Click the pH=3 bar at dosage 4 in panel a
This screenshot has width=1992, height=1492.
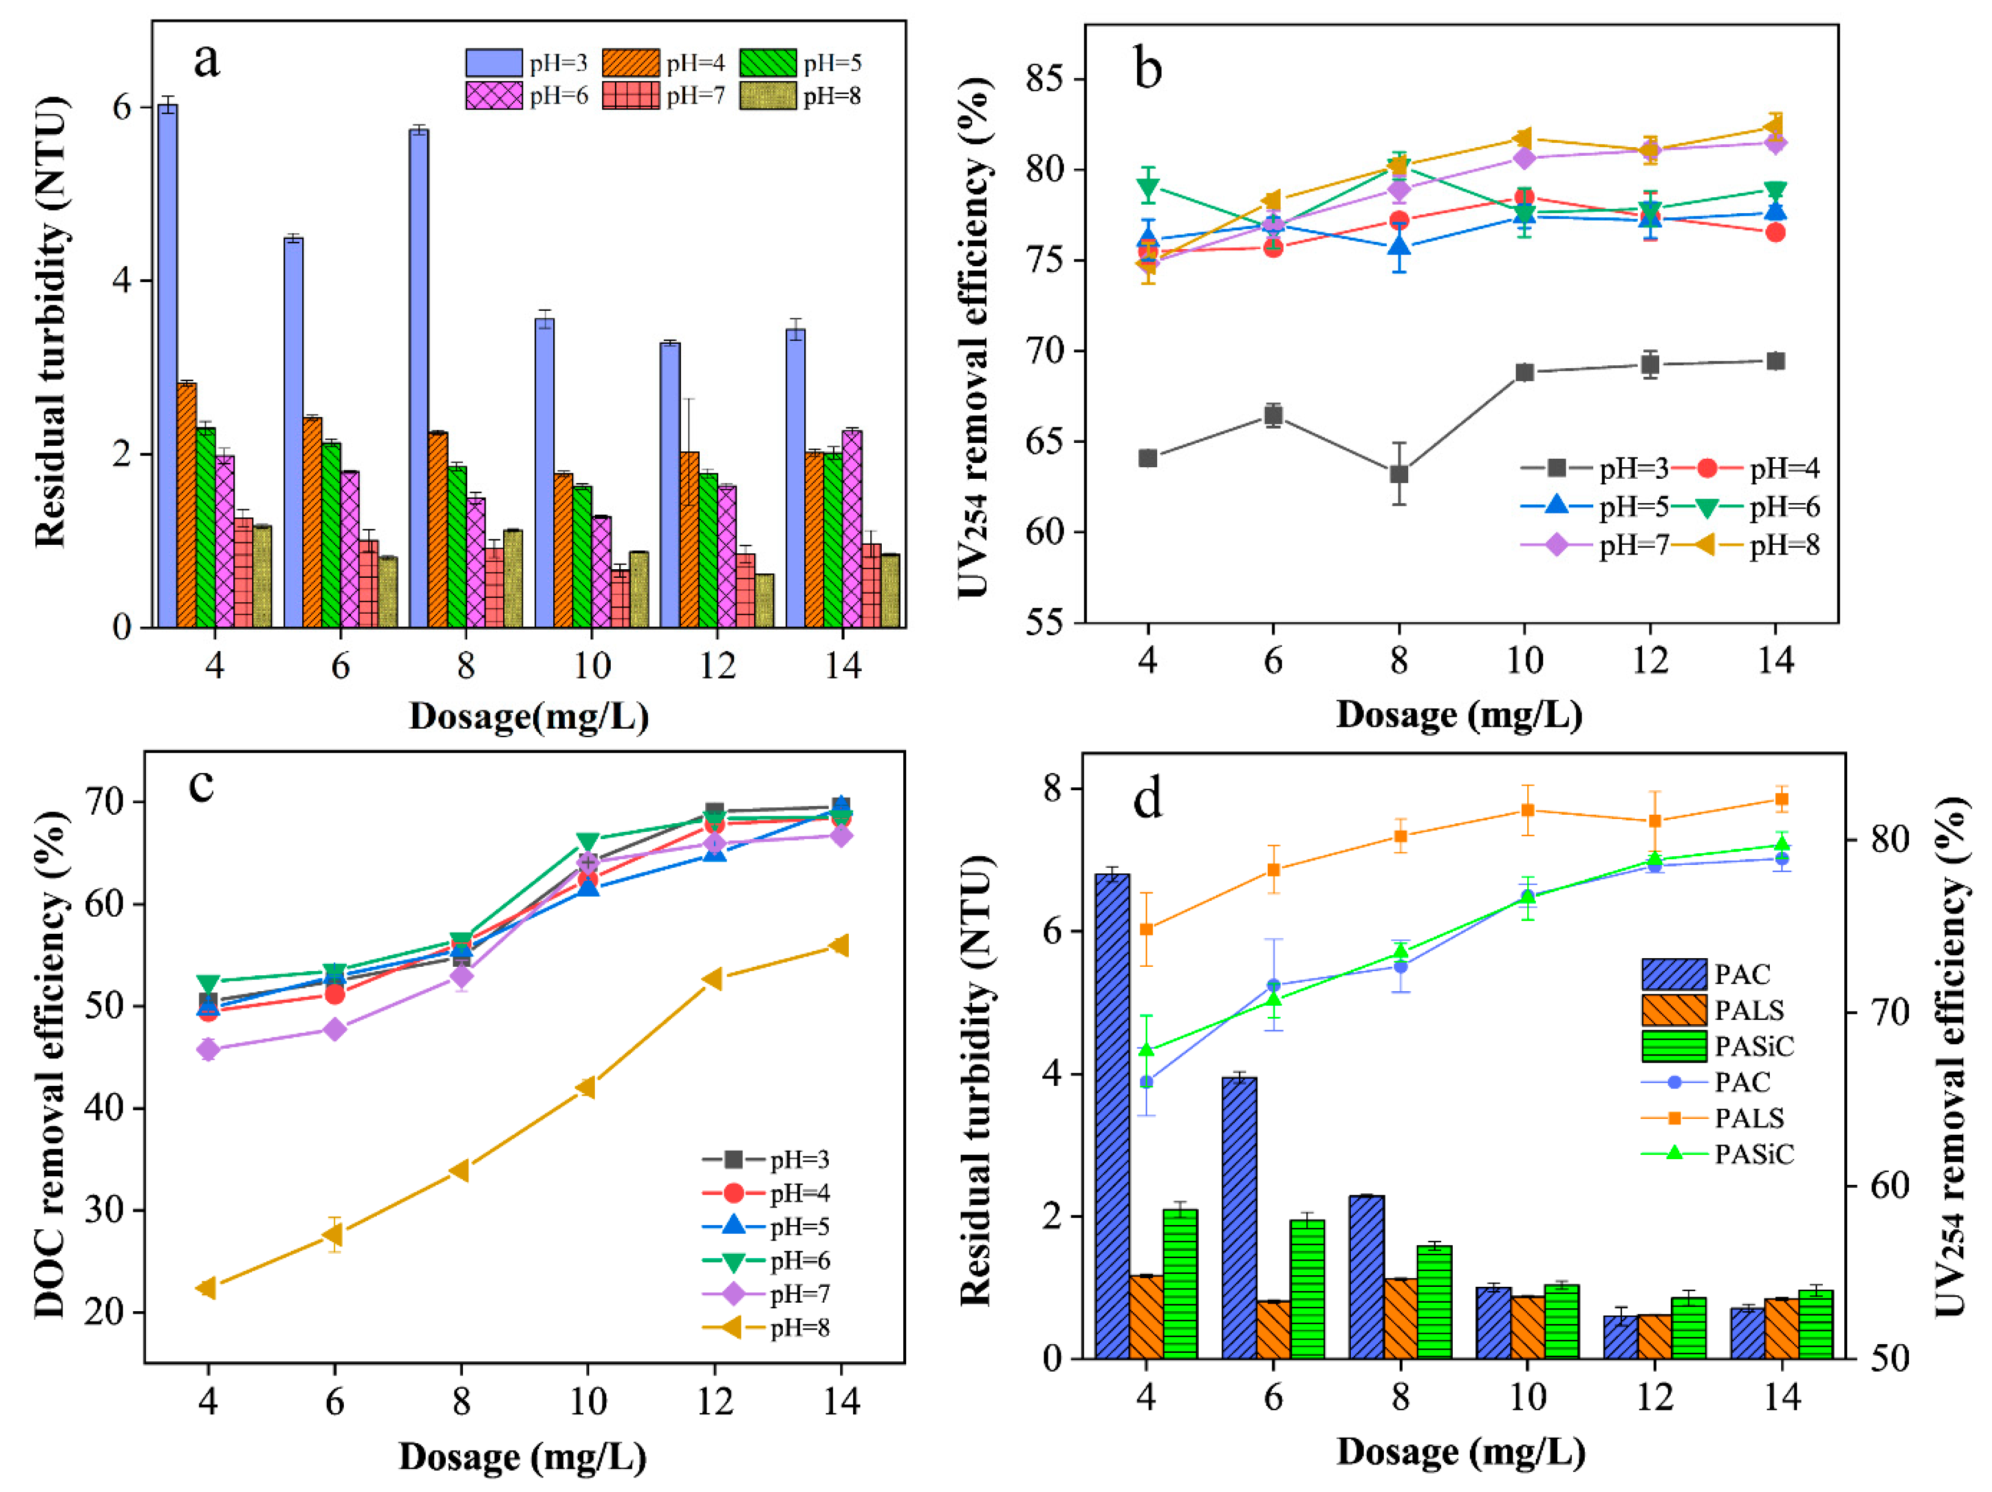pyautogui.click(x=167, y=365)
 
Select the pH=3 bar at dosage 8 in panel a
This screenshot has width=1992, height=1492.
pyautogui.click(x=419, y=378)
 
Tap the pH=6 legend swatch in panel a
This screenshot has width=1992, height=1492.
pyautogui.click(x=493, y=95)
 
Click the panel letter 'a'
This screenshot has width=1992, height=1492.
pyautogui.click(x=206, y=61)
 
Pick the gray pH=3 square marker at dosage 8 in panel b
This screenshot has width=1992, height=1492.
pyautogui.click(x=1398, y=474)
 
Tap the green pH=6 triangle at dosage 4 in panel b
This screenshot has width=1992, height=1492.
pyautogui.click(x=1147, y=187)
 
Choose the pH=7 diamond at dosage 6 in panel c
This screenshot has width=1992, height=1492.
pyautogui.click(x=334, y=1029)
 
